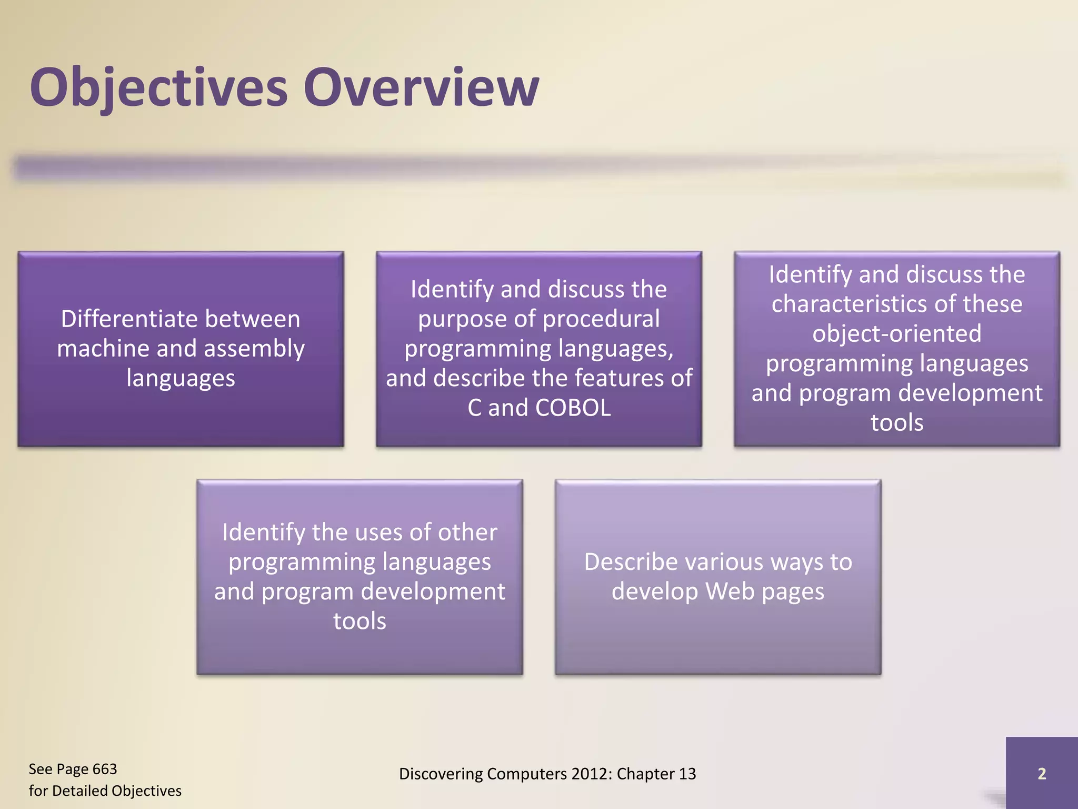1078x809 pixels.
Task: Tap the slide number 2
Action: pyautogui.click(x=1041, y=774)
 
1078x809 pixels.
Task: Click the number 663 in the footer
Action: pyautogui.click(x=104, y=769)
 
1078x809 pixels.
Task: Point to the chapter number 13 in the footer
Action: pyautogui.click(x=687, y=774)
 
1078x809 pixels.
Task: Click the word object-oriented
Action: pyautogui.click(x=896, y=334)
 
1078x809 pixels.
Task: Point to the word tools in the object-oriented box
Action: pyautogui.click(x=896, y=423)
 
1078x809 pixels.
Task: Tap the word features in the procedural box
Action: pyautogui.click(x=619, y=379)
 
